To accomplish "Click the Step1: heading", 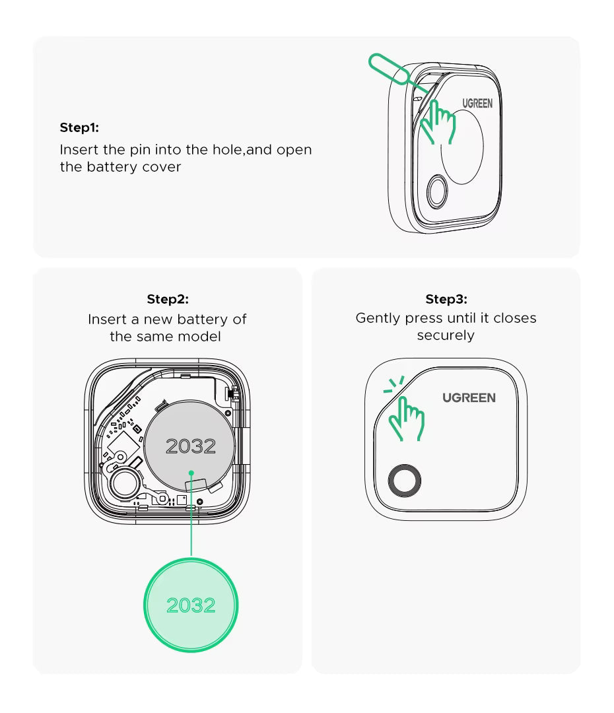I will click(x=79, y=127).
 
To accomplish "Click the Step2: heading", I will click(x=167, y=299).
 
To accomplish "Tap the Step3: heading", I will click(x=446, y=299).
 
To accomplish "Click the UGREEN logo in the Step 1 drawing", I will click(x=477, y=104).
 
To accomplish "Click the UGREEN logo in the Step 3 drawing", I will click(x=469, y=397).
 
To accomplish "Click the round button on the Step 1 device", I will click(x=436, y=193).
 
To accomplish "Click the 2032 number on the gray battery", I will click(x=191, y=446).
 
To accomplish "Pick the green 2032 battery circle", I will click(x=191, y=605).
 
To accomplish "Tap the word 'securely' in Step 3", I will click(x=446, y=335).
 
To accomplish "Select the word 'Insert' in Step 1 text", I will click(x=77, y=149).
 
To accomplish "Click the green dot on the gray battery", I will click(x=191, y=473).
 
